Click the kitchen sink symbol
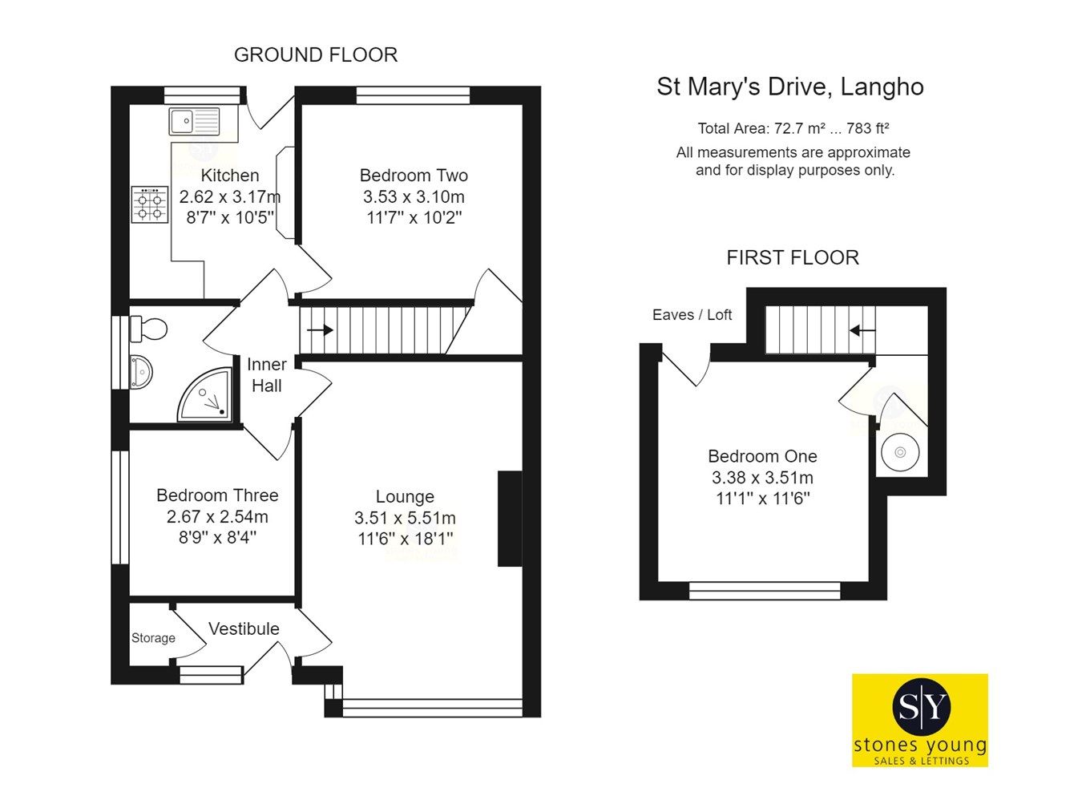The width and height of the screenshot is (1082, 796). (194, 122)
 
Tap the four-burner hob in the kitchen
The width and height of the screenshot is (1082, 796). (150, 204)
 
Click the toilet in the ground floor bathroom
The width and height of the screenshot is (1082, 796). (148, 328)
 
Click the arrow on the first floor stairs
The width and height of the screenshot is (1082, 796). (862, 330)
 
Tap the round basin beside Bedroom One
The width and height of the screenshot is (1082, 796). (900, 453)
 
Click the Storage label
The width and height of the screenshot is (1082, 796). (153, 638)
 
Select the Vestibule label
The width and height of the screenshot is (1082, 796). (244, 629)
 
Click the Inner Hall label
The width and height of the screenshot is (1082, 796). (266, 375)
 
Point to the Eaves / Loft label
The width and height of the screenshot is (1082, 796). (692, 315)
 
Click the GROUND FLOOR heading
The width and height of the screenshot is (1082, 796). (316, 55)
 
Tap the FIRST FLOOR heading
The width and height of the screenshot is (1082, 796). (792, 257)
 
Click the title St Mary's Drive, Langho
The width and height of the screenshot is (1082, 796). (789, 87)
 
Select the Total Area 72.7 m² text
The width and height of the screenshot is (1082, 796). (793, 128)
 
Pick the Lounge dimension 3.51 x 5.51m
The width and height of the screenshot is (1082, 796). (405, 518)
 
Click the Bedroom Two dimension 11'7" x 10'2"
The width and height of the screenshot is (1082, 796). (414, 217)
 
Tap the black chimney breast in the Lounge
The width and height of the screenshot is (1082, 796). (510, 519)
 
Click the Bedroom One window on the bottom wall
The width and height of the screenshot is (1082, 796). (765, 591)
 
